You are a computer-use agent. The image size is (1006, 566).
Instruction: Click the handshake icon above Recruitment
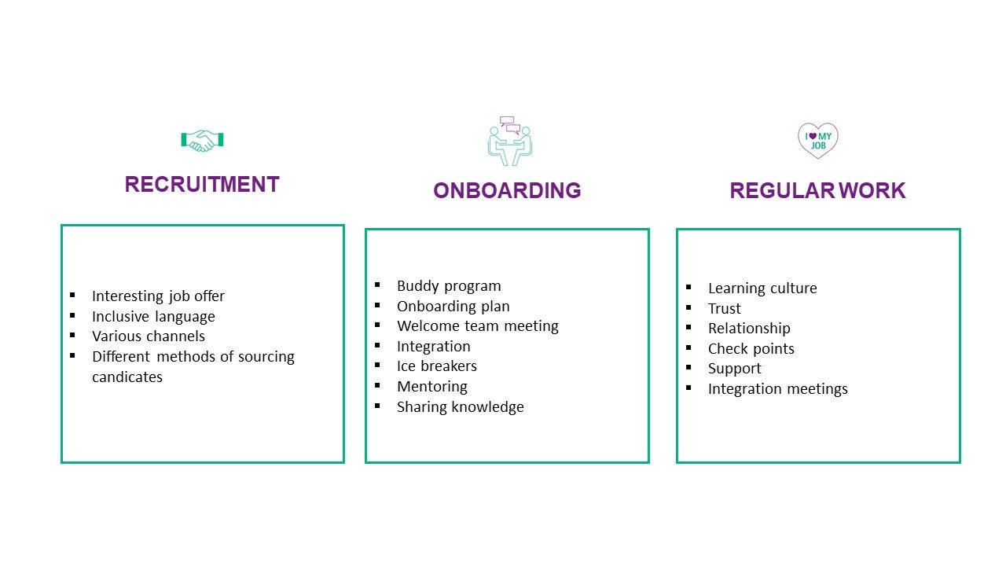tap(202, 141)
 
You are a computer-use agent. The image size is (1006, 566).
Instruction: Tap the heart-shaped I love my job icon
tap(818, 140)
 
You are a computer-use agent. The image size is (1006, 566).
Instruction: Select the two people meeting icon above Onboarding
tap(510, 141)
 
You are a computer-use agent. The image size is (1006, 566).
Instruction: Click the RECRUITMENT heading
tap(202, 184)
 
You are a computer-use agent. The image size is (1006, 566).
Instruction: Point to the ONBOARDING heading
tap(507, 190)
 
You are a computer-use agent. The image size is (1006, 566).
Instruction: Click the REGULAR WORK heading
tap(817, 190)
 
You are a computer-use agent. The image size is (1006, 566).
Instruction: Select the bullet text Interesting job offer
tap(158, 296)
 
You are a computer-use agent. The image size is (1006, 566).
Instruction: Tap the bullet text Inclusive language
tap(153, 317)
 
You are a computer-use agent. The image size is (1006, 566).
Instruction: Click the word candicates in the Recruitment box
tap(127, 377)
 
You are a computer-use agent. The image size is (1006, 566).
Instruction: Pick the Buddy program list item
tap(449, 286)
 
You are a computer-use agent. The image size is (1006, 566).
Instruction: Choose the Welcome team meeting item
tap(477, 326)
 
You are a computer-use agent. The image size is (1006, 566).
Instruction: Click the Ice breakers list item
tap(436, 366)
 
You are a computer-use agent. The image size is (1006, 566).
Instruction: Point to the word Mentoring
tap(432, 387)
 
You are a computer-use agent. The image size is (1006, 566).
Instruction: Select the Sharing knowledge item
tap(461, 407)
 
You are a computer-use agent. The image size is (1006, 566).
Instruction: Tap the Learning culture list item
tap(762, 289)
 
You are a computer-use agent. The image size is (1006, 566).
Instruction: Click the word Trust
tap(725, 309)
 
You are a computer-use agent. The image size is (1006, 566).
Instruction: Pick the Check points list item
tap(751, 349)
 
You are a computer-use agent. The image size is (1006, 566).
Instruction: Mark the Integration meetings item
tap(778, 389)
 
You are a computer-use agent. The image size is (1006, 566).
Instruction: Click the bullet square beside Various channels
tap(73, 335)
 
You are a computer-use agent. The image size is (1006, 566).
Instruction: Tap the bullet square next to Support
tap(689, 367)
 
